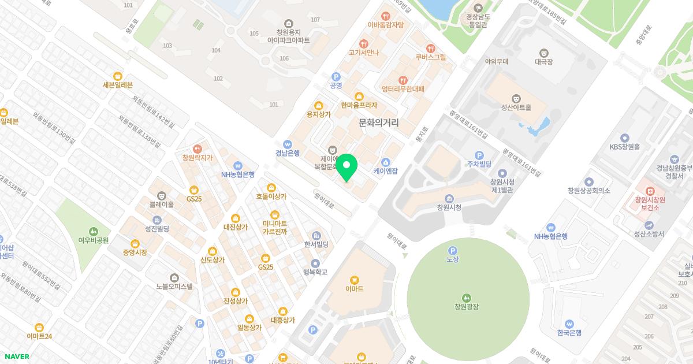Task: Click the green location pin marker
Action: [346, 168]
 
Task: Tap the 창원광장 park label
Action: [467, 307]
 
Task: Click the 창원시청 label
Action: [449, 207]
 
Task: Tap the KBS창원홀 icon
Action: [624, 138]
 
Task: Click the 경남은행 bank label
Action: [287, 153]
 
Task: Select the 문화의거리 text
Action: [378, 122]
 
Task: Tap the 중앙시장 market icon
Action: [135, 243]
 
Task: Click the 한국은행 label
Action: [569, 333]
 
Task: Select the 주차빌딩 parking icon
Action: [479, 155]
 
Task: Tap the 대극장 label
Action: [543, 62]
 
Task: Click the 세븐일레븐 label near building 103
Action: [117, 85]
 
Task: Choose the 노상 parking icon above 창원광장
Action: [452, 250]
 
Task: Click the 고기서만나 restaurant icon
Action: [363, 43]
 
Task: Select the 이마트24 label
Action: [39, 336]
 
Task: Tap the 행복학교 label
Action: [315, 272]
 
